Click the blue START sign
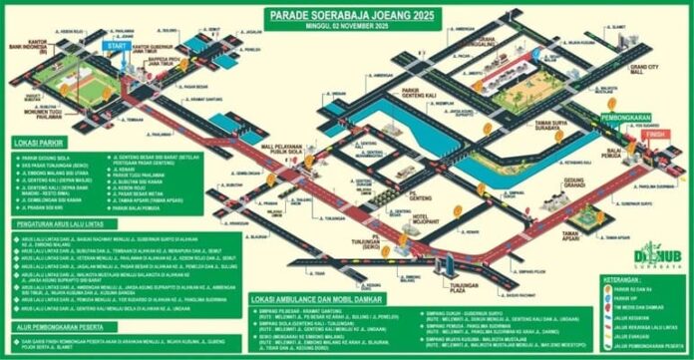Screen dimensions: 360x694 [116, 47]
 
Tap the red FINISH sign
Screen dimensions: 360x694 [653, 133]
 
